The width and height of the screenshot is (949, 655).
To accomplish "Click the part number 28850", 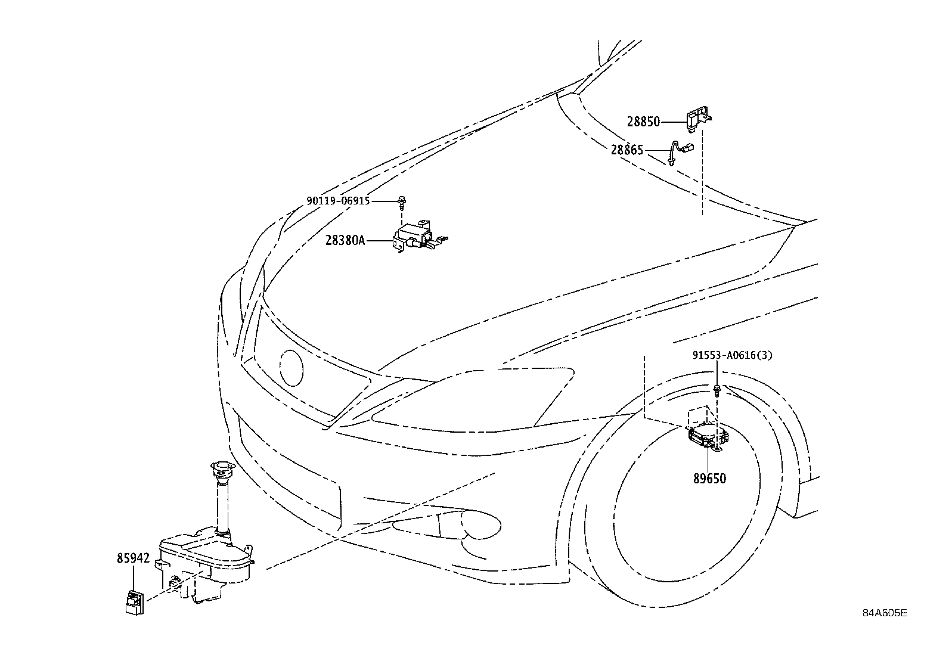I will point(643,122).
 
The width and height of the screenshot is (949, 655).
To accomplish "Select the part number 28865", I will point(627,150).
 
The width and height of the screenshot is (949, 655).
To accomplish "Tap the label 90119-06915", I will point(338,201).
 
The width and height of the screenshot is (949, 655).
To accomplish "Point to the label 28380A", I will point(345,241).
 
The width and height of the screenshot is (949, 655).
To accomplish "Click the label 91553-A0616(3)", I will point(733,356).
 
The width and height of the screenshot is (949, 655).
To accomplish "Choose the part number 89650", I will point(709,478).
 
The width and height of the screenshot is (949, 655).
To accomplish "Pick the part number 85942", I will point(133,559).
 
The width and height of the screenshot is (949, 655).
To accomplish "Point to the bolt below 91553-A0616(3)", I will point(718,391).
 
